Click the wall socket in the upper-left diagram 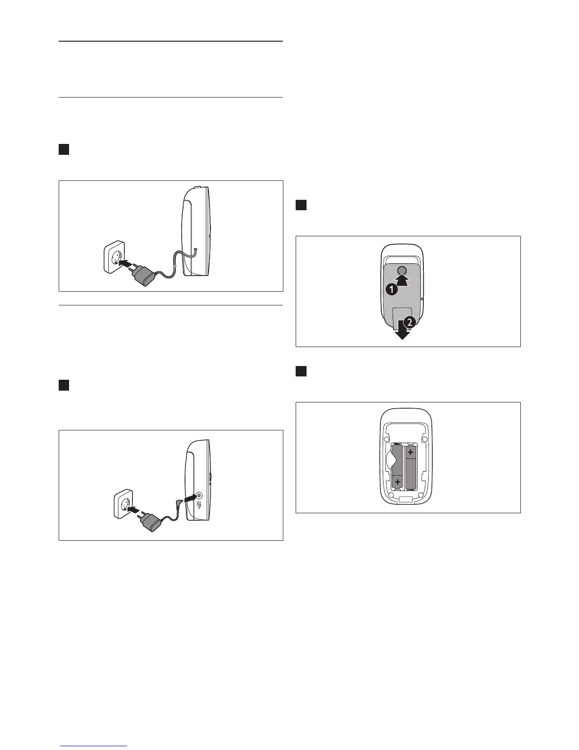[114, 259]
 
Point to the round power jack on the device [199, 495]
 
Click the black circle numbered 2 [411, 322]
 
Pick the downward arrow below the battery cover [403, 332]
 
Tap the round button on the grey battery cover [402, 270]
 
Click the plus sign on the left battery [398, 482]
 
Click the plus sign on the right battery [411, 452]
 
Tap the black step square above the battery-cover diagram [301, 205]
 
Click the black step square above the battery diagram [301, 371]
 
